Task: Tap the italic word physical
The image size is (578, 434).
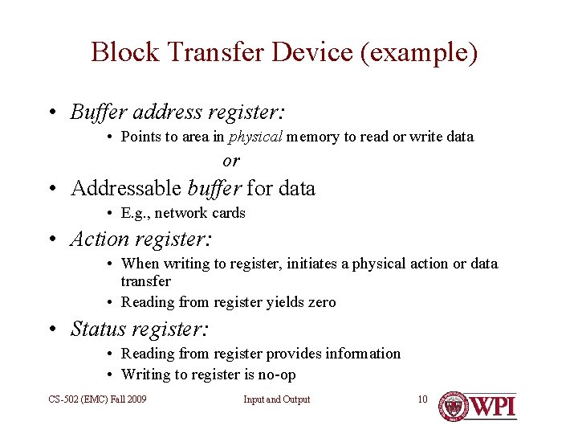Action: tap(255, 137)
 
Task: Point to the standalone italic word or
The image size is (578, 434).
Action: tap(231, 161)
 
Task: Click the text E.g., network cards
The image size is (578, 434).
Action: tap(183, 213)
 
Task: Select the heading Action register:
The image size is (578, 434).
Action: tap(141, 239)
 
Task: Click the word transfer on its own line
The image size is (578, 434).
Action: tap(145, 281)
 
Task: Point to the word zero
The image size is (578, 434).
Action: tap(320, 302)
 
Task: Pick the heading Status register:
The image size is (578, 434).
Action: tap(140, 329)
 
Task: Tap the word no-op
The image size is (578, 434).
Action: tap(278, 375)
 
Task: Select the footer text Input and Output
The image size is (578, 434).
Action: tap(277, 399)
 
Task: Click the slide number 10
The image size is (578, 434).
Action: tap(422, 399)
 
